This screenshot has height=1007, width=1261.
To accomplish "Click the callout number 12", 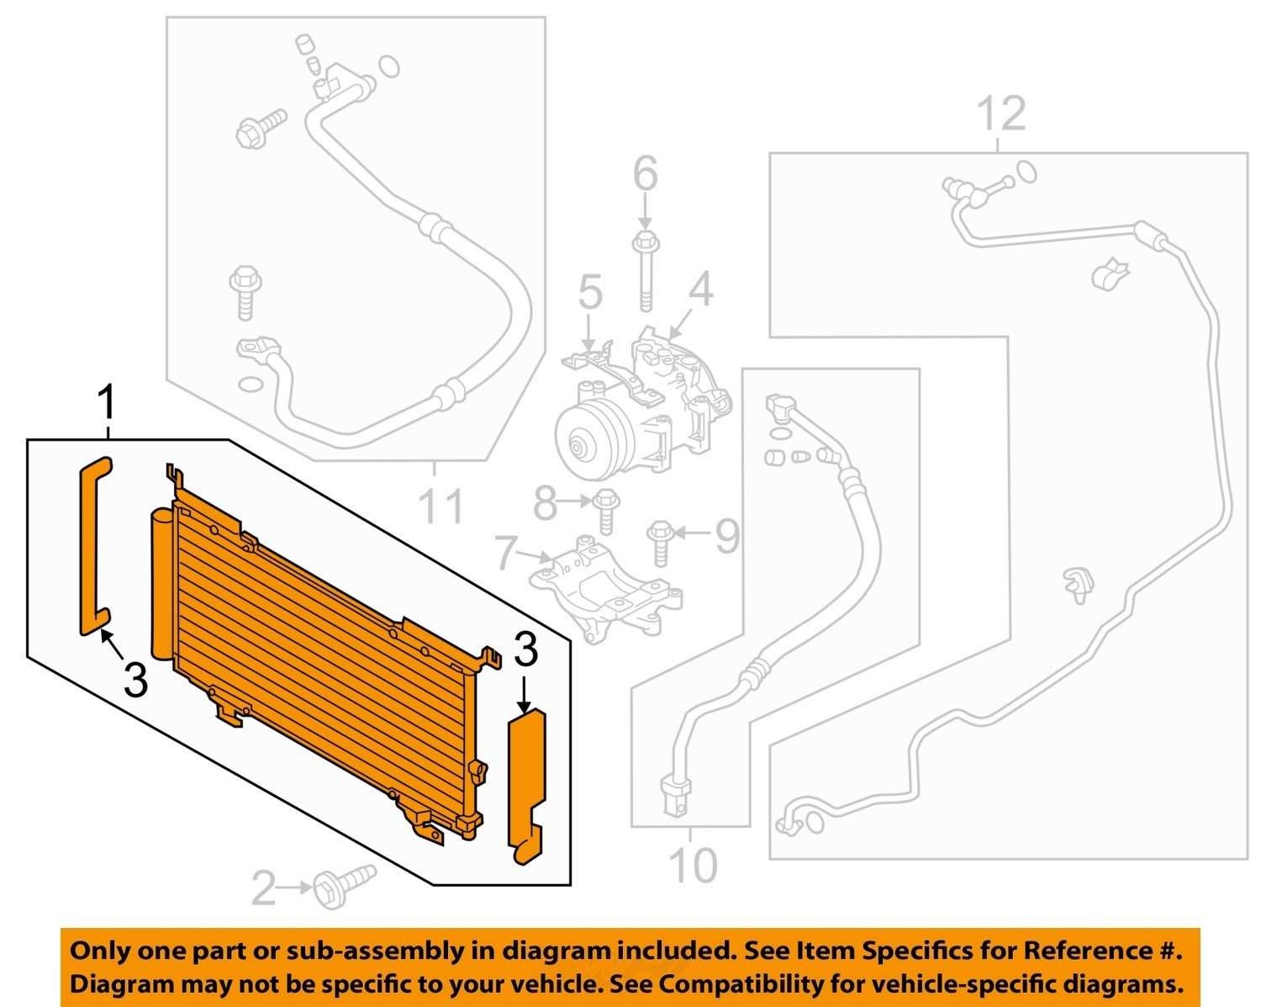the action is [x=1001, y=114].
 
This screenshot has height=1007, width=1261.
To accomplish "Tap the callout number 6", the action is [x=645, y=173].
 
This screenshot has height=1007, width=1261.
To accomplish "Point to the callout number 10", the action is [x=692, y=865].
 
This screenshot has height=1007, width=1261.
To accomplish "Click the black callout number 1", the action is [x=108, y=402].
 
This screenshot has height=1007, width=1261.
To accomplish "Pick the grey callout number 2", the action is [x=263, y=888].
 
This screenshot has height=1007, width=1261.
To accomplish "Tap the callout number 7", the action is [x=507, y=552].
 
